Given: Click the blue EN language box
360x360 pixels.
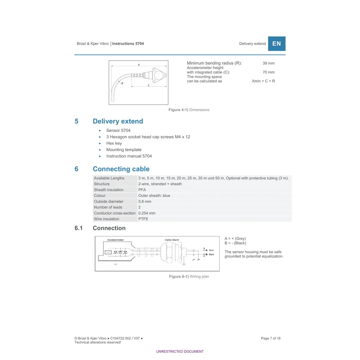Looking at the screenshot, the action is click(x=277, y=44).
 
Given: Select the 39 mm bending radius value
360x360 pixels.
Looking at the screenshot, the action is click(x=268, y=63).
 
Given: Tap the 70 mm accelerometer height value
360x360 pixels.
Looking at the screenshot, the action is click(x=268, y=72).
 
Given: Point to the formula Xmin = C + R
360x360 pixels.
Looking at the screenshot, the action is click(x=263, y=81).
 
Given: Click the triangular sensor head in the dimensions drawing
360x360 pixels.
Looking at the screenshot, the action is click(x=159, y=75).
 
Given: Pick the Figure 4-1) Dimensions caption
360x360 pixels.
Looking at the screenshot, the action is click(x=189, y=110).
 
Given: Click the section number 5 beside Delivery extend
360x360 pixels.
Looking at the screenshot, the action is click(x=76, y=121).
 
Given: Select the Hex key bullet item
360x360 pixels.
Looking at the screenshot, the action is click(x=114, y=143).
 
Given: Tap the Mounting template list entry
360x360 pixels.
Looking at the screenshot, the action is click(x=124, y=150).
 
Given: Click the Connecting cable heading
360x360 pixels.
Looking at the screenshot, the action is click(x=121, y=169).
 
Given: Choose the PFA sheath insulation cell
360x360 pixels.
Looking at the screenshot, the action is click(x=142, y=190).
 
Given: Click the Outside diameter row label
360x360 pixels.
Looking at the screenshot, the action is click(x=108, y=201).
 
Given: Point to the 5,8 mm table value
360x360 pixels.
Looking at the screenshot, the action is click(x=145, y=201).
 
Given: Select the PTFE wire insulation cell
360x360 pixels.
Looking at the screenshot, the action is click(x=143, y=219).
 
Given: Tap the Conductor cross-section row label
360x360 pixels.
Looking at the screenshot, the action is click(x=114, y=213).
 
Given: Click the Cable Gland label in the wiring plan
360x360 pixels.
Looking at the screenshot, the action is click(x=172, y=240).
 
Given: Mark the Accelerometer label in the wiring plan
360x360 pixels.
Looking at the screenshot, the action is click(x=116, y=240).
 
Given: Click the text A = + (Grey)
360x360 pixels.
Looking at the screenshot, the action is click(x=235, y=238).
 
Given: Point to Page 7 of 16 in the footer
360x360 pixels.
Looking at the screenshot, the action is click(x=271, y=338).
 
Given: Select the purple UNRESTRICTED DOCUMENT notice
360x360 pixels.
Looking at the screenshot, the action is click(x=180, y=352).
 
